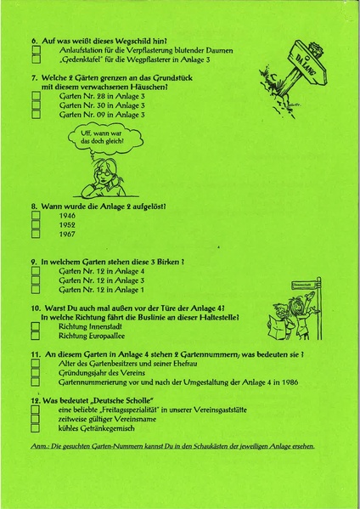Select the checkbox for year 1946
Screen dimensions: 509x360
tap(36, 216)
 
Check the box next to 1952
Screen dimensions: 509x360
tap(36, 225)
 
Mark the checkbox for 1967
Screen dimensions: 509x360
tap(36, 235)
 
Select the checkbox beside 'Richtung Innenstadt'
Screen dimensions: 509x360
tap(36, 325)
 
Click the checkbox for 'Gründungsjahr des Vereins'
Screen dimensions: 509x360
tap(36, 371)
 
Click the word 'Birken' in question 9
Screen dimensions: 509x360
tap(165, 262)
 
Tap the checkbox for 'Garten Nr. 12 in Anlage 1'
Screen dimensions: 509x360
tap(36, 289)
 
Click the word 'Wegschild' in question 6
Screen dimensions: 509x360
tap(120, 40)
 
